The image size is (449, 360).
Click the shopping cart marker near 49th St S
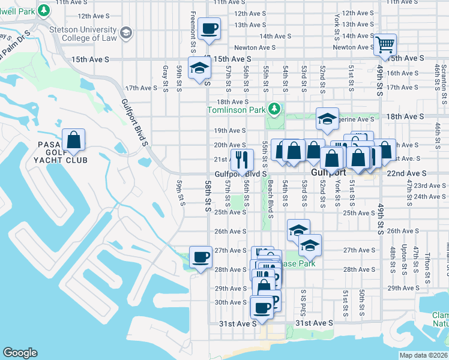tap(385, 44)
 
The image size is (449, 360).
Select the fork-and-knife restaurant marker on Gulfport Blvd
tap(241, 160)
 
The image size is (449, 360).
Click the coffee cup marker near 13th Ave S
tap(209, 28)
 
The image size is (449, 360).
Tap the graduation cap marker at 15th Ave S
tap(199, 68)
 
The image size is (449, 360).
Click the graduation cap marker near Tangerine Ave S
tap(327, 119)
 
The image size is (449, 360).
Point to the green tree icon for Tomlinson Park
tap(274, 109)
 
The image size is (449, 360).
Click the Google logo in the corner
tap(20, 353)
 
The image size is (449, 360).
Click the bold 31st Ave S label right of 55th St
tap(315, 323)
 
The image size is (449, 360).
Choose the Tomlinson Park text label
tap(236, 110)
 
